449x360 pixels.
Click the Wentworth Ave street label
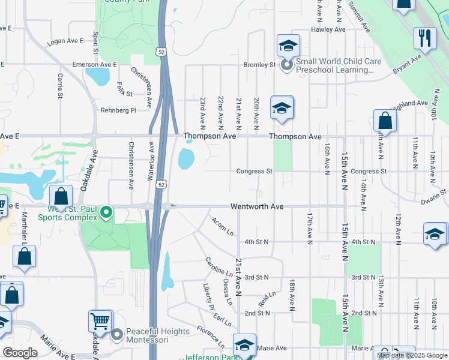pos(257,206)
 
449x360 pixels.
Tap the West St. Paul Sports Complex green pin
pos(107,212)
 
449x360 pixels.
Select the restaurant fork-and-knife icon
pos(425,38)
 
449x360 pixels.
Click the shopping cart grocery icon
pos(100,321)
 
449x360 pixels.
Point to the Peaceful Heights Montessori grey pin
pos(117,334)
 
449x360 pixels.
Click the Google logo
pos(20,353)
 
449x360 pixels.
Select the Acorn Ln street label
pos(222,226)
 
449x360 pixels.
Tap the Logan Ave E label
pos(65,41)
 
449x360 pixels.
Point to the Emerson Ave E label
pos(94,64)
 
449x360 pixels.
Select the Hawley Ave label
pos(328,29)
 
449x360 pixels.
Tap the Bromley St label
pos(259,64)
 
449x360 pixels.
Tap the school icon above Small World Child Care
pos(288,45)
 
